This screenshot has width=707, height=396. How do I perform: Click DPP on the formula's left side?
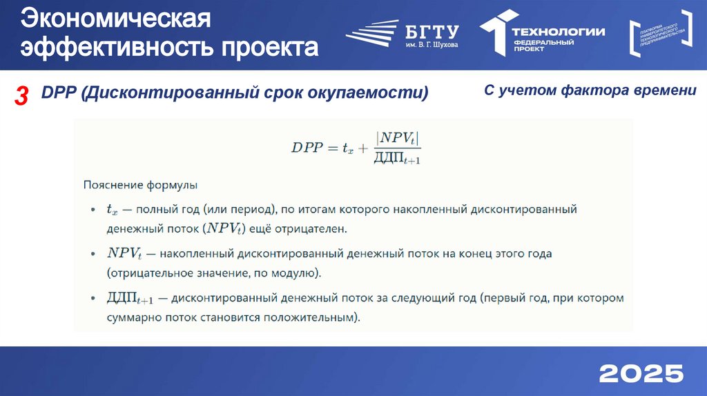pyautogui.click(x=307, y=147)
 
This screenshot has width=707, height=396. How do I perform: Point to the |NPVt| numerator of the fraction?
pyautogui.click(x=397, y=137)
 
